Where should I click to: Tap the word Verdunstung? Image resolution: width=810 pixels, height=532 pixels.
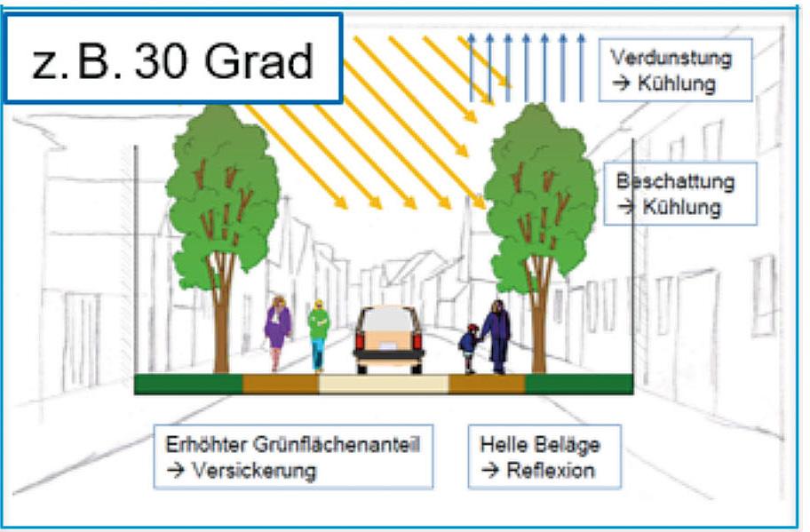[671, 59]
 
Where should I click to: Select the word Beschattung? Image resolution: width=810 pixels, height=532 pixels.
[675, 182]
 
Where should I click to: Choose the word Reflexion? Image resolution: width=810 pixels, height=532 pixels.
[551, 471]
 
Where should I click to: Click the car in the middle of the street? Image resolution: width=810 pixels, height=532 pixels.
[388, 340]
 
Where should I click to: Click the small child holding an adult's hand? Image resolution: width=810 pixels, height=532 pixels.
[468, 347]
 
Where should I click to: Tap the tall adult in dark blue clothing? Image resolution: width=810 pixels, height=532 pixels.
[496, 336]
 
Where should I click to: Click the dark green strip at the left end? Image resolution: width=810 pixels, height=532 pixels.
[187, 384]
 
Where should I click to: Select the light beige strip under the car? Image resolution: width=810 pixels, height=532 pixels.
[383, 384]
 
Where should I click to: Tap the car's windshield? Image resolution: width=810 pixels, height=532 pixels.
[388, 320]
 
